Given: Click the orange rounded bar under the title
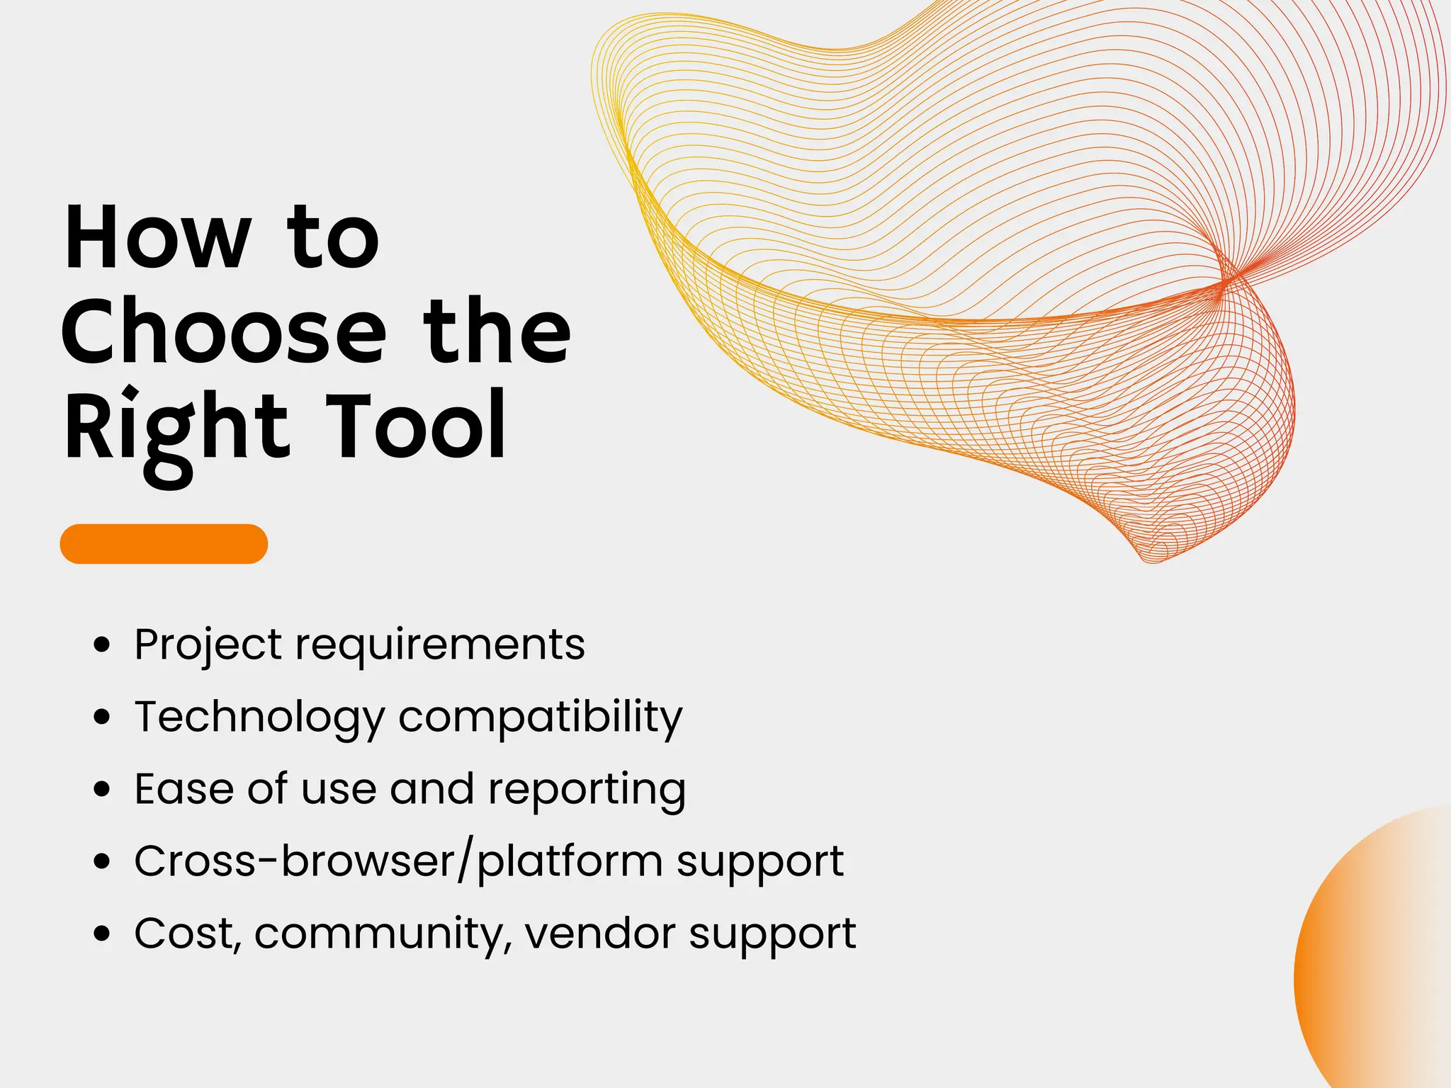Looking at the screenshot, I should tap(164, 544).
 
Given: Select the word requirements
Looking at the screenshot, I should tap(440, 645).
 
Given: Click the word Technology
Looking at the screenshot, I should tap(259, 718).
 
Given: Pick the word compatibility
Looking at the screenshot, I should tap(541, 718).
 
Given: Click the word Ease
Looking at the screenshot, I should tap(184, 789).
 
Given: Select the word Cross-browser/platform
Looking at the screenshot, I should tap(398, 862).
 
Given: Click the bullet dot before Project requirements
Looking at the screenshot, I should tap(103, 645).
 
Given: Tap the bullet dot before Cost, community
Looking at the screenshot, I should tap(103, 934).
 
